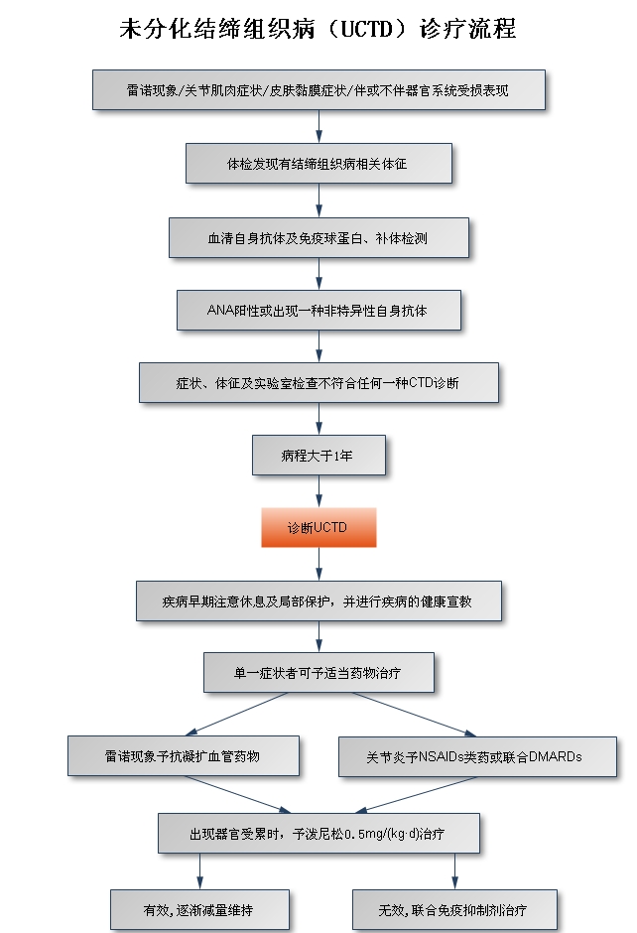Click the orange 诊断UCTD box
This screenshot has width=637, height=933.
pos(318,527)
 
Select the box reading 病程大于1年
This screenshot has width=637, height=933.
pos(318,456)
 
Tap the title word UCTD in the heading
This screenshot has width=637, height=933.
pos(367,29)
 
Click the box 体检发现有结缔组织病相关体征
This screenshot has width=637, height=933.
pos(318,163)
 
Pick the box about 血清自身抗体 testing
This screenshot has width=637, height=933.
pos(318,237)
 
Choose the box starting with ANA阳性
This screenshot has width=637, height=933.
pos(318,310)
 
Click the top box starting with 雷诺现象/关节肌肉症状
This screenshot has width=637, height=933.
pos(318,90)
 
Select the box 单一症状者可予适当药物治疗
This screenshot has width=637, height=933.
pos(318,672)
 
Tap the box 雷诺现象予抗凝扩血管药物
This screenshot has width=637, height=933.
pos(184,755)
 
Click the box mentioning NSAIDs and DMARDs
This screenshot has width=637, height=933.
pos(477,757)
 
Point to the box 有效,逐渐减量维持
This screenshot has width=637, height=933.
pos(199,910)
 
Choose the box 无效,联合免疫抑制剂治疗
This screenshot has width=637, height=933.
pos(455,910)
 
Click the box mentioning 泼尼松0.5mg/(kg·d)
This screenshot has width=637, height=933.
pos(318,834)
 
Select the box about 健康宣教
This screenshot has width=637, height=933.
pos(318,600)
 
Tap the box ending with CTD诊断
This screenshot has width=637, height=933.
pos(318,382)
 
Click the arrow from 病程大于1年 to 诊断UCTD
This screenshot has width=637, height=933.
pos(318,491)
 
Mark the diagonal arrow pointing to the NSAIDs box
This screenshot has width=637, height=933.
pos(414,715)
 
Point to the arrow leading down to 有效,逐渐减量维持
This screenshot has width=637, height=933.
pos(199,871)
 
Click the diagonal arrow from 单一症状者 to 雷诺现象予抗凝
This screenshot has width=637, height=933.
pos(237,714)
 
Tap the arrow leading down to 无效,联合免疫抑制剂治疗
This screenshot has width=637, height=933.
pos(455,871)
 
